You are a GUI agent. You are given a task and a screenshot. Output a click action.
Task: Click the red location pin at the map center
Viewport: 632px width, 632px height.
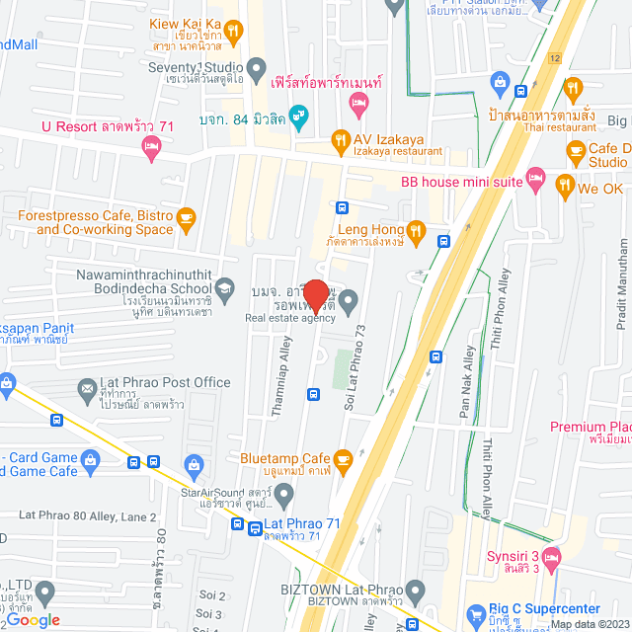click(x=315, y=295)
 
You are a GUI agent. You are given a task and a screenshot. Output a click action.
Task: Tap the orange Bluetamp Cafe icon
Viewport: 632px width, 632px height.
click(x=343, y=459)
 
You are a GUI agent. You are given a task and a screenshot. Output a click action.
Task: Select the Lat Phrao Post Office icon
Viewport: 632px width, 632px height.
click(x=85, y=383)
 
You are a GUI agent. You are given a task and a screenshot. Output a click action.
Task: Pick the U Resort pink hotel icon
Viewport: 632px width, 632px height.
click(x=150, y=149)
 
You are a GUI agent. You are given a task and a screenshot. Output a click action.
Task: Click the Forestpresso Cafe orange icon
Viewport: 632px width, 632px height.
click(x=186, y=218)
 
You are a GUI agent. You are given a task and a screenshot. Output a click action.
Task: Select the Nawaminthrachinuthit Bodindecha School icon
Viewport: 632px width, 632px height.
click(x=225, y=286)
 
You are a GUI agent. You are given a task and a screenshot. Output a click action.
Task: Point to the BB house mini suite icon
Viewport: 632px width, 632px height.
click(x=535, y=174)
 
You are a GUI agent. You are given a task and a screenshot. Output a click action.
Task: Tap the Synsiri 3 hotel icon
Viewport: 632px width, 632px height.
click(x=551, y=557)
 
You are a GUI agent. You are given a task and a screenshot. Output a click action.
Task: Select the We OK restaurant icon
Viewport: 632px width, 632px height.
click(x=564, y=185)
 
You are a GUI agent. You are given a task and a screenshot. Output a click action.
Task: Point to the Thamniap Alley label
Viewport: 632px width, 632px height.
click(x=282, y=358)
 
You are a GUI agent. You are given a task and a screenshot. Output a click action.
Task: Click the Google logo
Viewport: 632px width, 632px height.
click(x=33, y=619)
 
